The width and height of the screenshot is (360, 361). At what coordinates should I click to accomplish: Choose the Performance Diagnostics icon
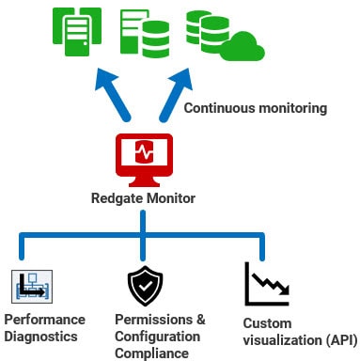coord(33,285)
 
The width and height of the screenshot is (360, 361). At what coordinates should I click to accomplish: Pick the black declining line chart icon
coord(266,284)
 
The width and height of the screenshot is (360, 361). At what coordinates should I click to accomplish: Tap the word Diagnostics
coord(39,336)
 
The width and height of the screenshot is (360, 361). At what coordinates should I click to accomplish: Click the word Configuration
coord(157,336)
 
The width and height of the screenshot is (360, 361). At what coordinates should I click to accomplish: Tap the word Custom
coord(266,323)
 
